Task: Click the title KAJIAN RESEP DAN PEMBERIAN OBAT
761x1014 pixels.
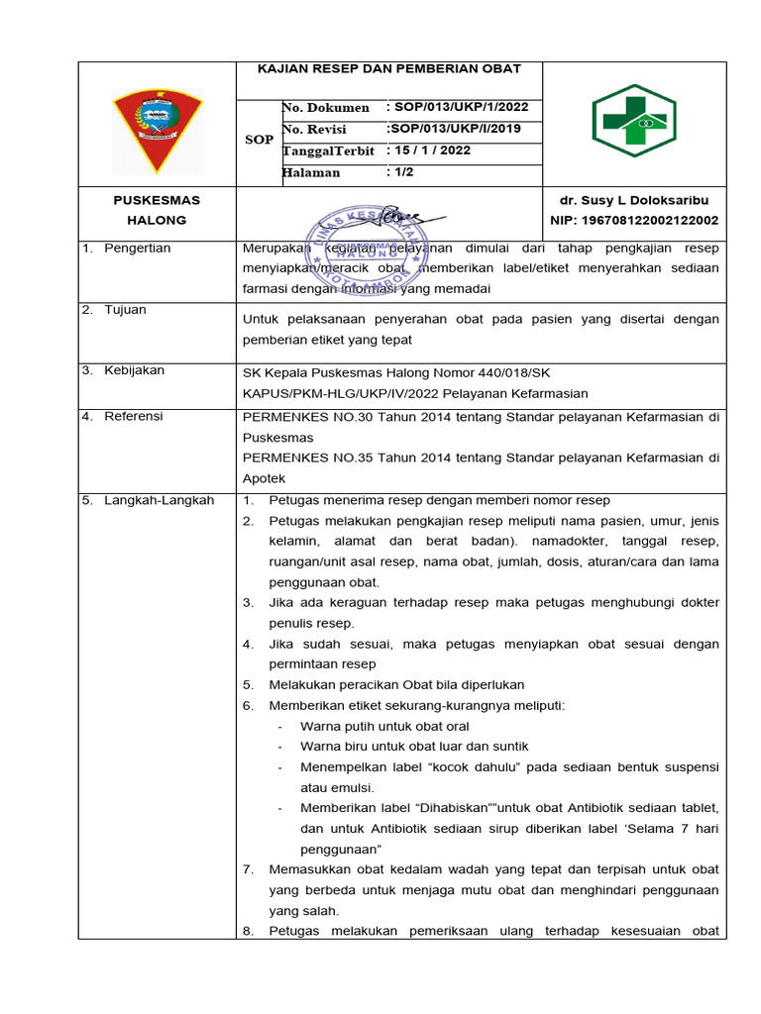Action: point(389,69)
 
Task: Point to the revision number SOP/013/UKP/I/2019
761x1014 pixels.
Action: point(453,129)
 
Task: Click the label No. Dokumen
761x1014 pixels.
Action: point(326,107)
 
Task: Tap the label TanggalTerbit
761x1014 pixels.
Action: point(329,151)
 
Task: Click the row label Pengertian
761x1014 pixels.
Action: point(137,248)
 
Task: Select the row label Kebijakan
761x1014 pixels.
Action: point(134,370)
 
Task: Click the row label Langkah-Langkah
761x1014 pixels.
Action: point(159,500)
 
